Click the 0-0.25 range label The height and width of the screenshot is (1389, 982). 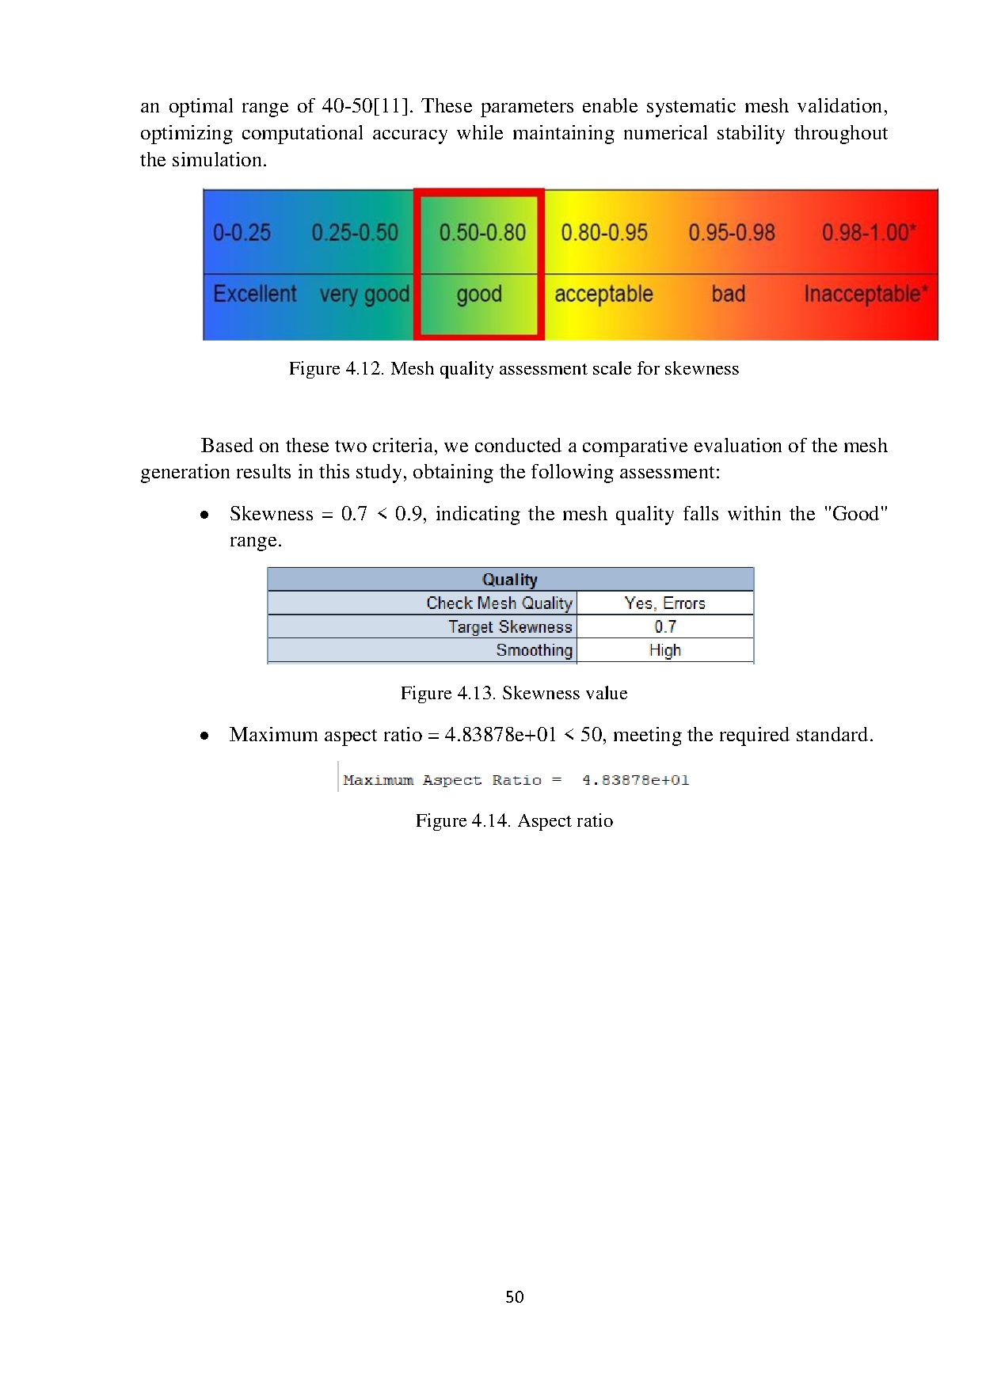(242, 233)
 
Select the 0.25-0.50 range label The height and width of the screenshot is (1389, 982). (355, 233)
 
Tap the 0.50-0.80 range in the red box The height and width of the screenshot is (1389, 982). (482, 233)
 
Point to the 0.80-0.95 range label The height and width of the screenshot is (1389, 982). (604, 233)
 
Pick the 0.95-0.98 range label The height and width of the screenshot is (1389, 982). (732, 233)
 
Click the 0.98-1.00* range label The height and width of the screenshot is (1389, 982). (869, 233)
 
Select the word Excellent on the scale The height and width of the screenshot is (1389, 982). (254, 294)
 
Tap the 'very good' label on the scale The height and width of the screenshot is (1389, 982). (364, 295)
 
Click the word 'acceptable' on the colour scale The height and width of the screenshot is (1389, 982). (603, 295)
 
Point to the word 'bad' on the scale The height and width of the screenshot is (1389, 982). (728, 295)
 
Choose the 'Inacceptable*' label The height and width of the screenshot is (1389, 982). (866, 295)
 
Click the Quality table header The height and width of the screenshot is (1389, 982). (510, 580)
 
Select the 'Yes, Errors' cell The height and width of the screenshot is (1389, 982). (664, 603)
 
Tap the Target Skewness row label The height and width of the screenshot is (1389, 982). (510, 627)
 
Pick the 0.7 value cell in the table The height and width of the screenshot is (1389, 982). (664, 627)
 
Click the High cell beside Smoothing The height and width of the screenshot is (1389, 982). (664, 651)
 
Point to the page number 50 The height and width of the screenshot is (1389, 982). (515, 1297)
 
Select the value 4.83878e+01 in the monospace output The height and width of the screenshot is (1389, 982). (635, 781)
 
